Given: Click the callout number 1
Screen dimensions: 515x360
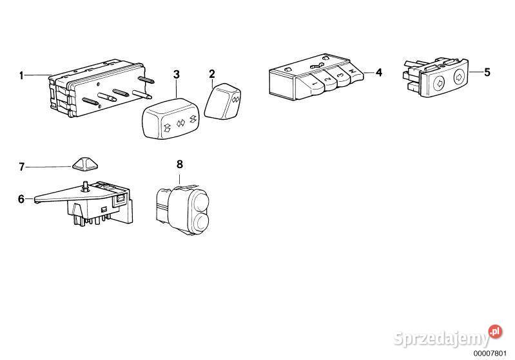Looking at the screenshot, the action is (x=21, y=76).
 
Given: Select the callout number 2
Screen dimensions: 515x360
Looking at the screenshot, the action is (x=212, y=74).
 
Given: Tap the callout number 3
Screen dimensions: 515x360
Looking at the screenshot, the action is (x=177, y=75).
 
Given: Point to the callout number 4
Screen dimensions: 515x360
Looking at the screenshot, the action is (x=379, y=73).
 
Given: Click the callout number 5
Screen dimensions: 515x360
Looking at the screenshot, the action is (x=487, y=72).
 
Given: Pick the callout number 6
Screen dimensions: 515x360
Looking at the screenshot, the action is (x=21, y=199).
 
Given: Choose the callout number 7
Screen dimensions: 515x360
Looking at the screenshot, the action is (x=22, y=167).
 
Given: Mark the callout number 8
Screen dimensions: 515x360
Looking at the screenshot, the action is (x=180, y=164).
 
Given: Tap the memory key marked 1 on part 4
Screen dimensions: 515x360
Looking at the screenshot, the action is (x=312, y=85).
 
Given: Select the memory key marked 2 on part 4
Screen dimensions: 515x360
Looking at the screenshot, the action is (x=326, y=79).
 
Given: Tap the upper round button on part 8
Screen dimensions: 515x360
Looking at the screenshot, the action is (x=200, y=200).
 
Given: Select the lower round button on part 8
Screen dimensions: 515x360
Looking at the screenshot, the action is (x=200, y=222).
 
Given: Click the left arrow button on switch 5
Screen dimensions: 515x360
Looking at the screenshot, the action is (x=439, y=83).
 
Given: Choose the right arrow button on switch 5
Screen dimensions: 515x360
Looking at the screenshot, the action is (x=459, y=77).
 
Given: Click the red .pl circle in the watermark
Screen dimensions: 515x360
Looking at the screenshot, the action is (x=495, y=332).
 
